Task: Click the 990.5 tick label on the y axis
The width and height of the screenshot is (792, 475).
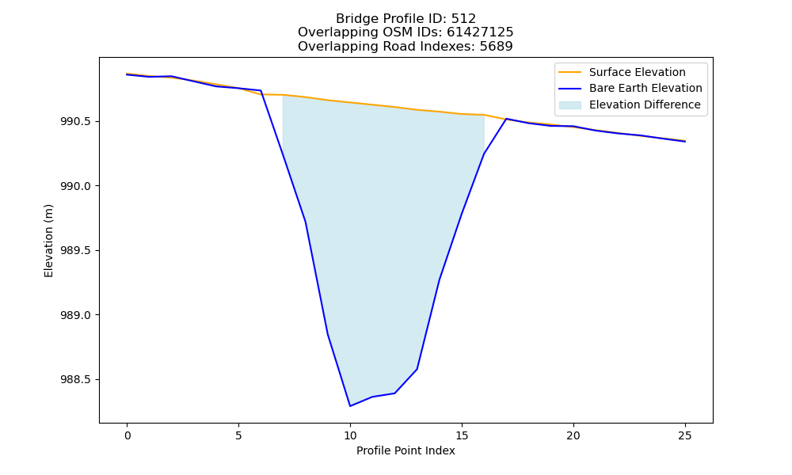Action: tap(76, 122)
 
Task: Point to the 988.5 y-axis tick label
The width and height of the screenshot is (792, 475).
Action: tap(76, 379)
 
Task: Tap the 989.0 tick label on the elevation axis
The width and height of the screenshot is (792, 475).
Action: tap(76, 315)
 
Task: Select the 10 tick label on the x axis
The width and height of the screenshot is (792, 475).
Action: tap(350, 435)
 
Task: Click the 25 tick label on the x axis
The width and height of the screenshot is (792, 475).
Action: tap(685, 435)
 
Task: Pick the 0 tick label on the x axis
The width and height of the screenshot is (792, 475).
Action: tap(128, 435)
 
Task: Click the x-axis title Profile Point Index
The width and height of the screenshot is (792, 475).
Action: tap(406, 450)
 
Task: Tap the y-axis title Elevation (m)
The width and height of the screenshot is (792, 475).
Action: tap(48, 241)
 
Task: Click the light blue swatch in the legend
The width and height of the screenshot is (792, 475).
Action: tap(569, 105)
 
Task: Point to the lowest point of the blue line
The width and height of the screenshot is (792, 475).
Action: tap(350, 406)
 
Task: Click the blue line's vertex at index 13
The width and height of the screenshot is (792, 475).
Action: tap(417, 370)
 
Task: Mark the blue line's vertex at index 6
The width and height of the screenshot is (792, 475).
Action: tap(261, 91)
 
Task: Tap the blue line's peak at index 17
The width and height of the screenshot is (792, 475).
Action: tap(506, 119)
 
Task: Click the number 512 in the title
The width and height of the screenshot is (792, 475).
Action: tap(463, 19)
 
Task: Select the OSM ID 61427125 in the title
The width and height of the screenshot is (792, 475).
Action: tap(480, 32)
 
